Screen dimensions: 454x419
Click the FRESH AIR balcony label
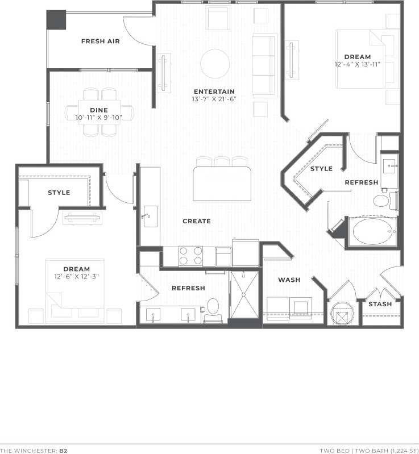point(100,41)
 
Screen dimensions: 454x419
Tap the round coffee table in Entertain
point(214,63)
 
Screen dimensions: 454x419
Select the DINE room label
point(99,110)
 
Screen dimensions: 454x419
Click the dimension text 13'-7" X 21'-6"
point(214,99)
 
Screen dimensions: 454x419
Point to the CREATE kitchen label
point(197,221)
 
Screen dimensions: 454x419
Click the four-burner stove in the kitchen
point(190,256)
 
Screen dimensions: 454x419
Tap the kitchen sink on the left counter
point(150,216)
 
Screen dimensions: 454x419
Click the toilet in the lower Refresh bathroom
point(213,306)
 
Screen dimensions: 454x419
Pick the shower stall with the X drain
point(244,295)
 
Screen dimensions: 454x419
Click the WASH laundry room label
point(289,280)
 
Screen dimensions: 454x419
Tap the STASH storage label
point(380,304)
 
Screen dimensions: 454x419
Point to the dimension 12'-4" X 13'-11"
point(357,64)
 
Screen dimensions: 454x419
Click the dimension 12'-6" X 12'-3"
point(76,277)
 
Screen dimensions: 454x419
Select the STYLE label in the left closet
point(59,193)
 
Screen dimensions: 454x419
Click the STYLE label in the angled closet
point(321,169)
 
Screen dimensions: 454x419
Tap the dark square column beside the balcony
point(56,20)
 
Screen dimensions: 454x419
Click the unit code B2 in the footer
point(64,450)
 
